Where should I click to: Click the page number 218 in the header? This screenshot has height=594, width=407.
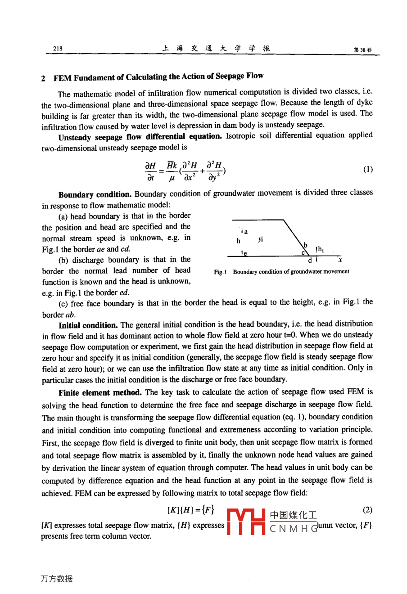(x=58, y=49)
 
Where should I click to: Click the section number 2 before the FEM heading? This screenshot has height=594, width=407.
(x=43, y=78)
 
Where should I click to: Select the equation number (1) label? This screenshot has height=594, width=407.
(x=368, y=170)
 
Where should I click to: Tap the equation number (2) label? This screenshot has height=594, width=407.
(x=367, y=510)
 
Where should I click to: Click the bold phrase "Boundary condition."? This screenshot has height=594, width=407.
(x=95, y=195)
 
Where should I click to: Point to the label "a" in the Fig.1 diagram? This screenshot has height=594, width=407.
(x=246, y=231)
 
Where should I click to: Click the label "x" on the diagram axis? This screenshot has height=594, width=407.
(x=340, y=260)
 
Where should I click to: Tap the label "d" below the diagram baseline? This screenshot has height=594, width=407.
(x=310, y=261)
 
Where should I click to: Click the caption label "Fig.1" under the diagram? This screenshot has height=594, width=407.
(x=220, y=272)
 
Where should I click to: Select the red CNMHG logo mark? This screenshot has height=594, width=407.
(x=246, y=521)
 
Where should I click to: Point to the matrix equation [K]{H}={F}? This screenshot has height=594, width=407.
(x=190, y=510)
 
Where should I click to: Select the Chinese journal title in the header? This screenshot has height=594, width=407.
(x=216, y=49)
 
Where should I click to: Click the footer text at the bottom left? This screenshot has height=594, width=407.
(x=56, y=579)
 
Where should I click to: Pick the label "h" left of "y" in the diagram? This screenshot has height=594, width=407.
(x=239, y=241)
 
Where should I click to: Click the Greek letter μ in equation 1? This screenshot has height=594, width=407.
(x=172, y=178)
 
